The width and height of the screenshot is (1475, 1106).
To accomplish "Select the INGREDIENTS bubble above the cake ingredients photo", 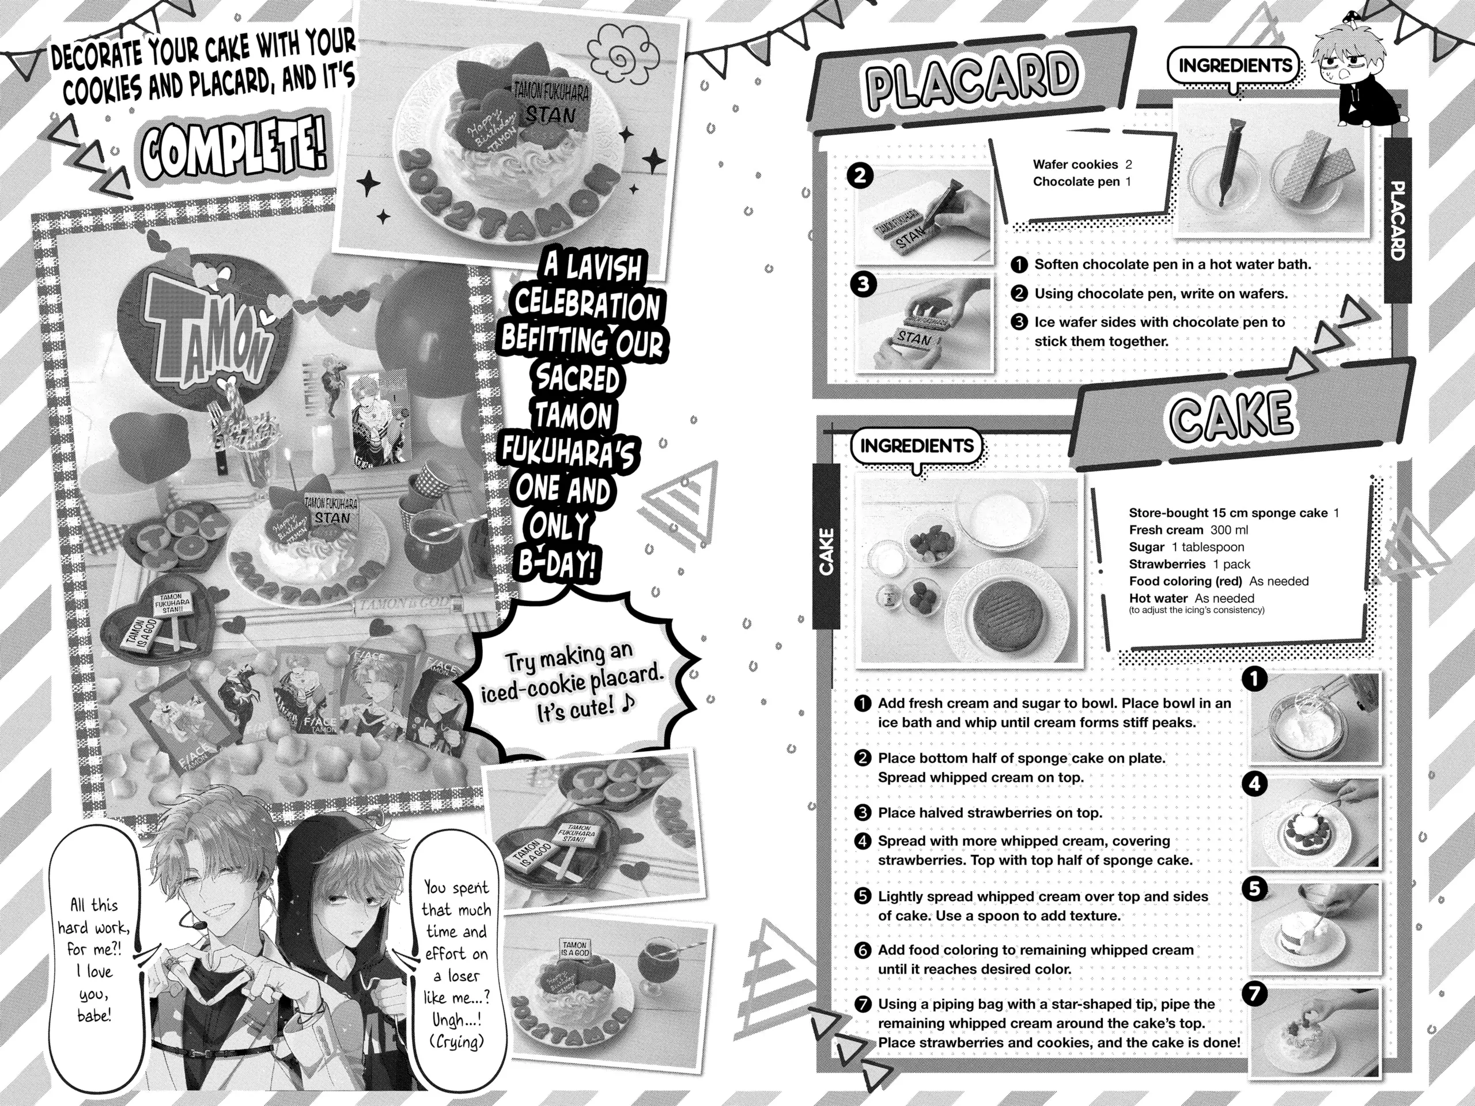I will point(916,445).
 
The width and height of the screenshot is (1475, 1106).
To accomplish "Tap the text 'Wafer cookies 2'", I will point(1081,164).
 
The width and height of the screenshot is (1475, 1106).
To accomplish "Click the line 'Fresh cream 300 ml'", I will point(1187,530).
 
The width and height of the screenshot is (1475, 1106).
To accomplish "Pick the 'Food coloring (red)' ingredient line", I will point(1217,581).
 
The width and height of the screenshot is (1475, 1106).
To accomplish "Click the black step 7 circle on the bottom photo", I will point(1254,993).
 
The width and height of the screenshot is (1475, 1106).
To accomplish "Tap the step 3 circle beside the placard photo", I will point(863,285).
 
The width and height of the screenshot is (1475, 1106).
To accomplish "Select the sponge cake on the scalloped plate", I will point(1005,607).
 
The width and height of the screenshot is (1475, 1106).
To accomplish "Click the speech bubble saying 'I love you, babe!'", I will point(93,960).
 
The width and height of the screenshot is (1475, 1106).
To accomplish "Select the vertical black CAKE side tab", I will point(826,551).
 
